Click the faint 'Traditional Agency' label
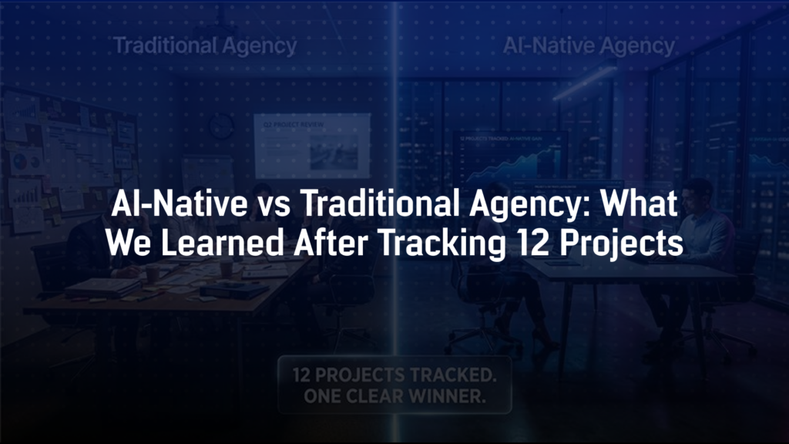[205, 46]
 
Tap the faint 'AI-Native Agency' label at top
[589, 46]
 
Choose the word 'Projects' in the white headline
[616, 242]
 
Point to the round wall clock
[221, 124]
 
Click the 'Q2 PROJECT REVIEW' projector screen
[311, 145]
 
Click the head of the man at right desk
[698, 190]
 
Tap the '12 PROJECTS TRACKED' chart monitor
[509, 154]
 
